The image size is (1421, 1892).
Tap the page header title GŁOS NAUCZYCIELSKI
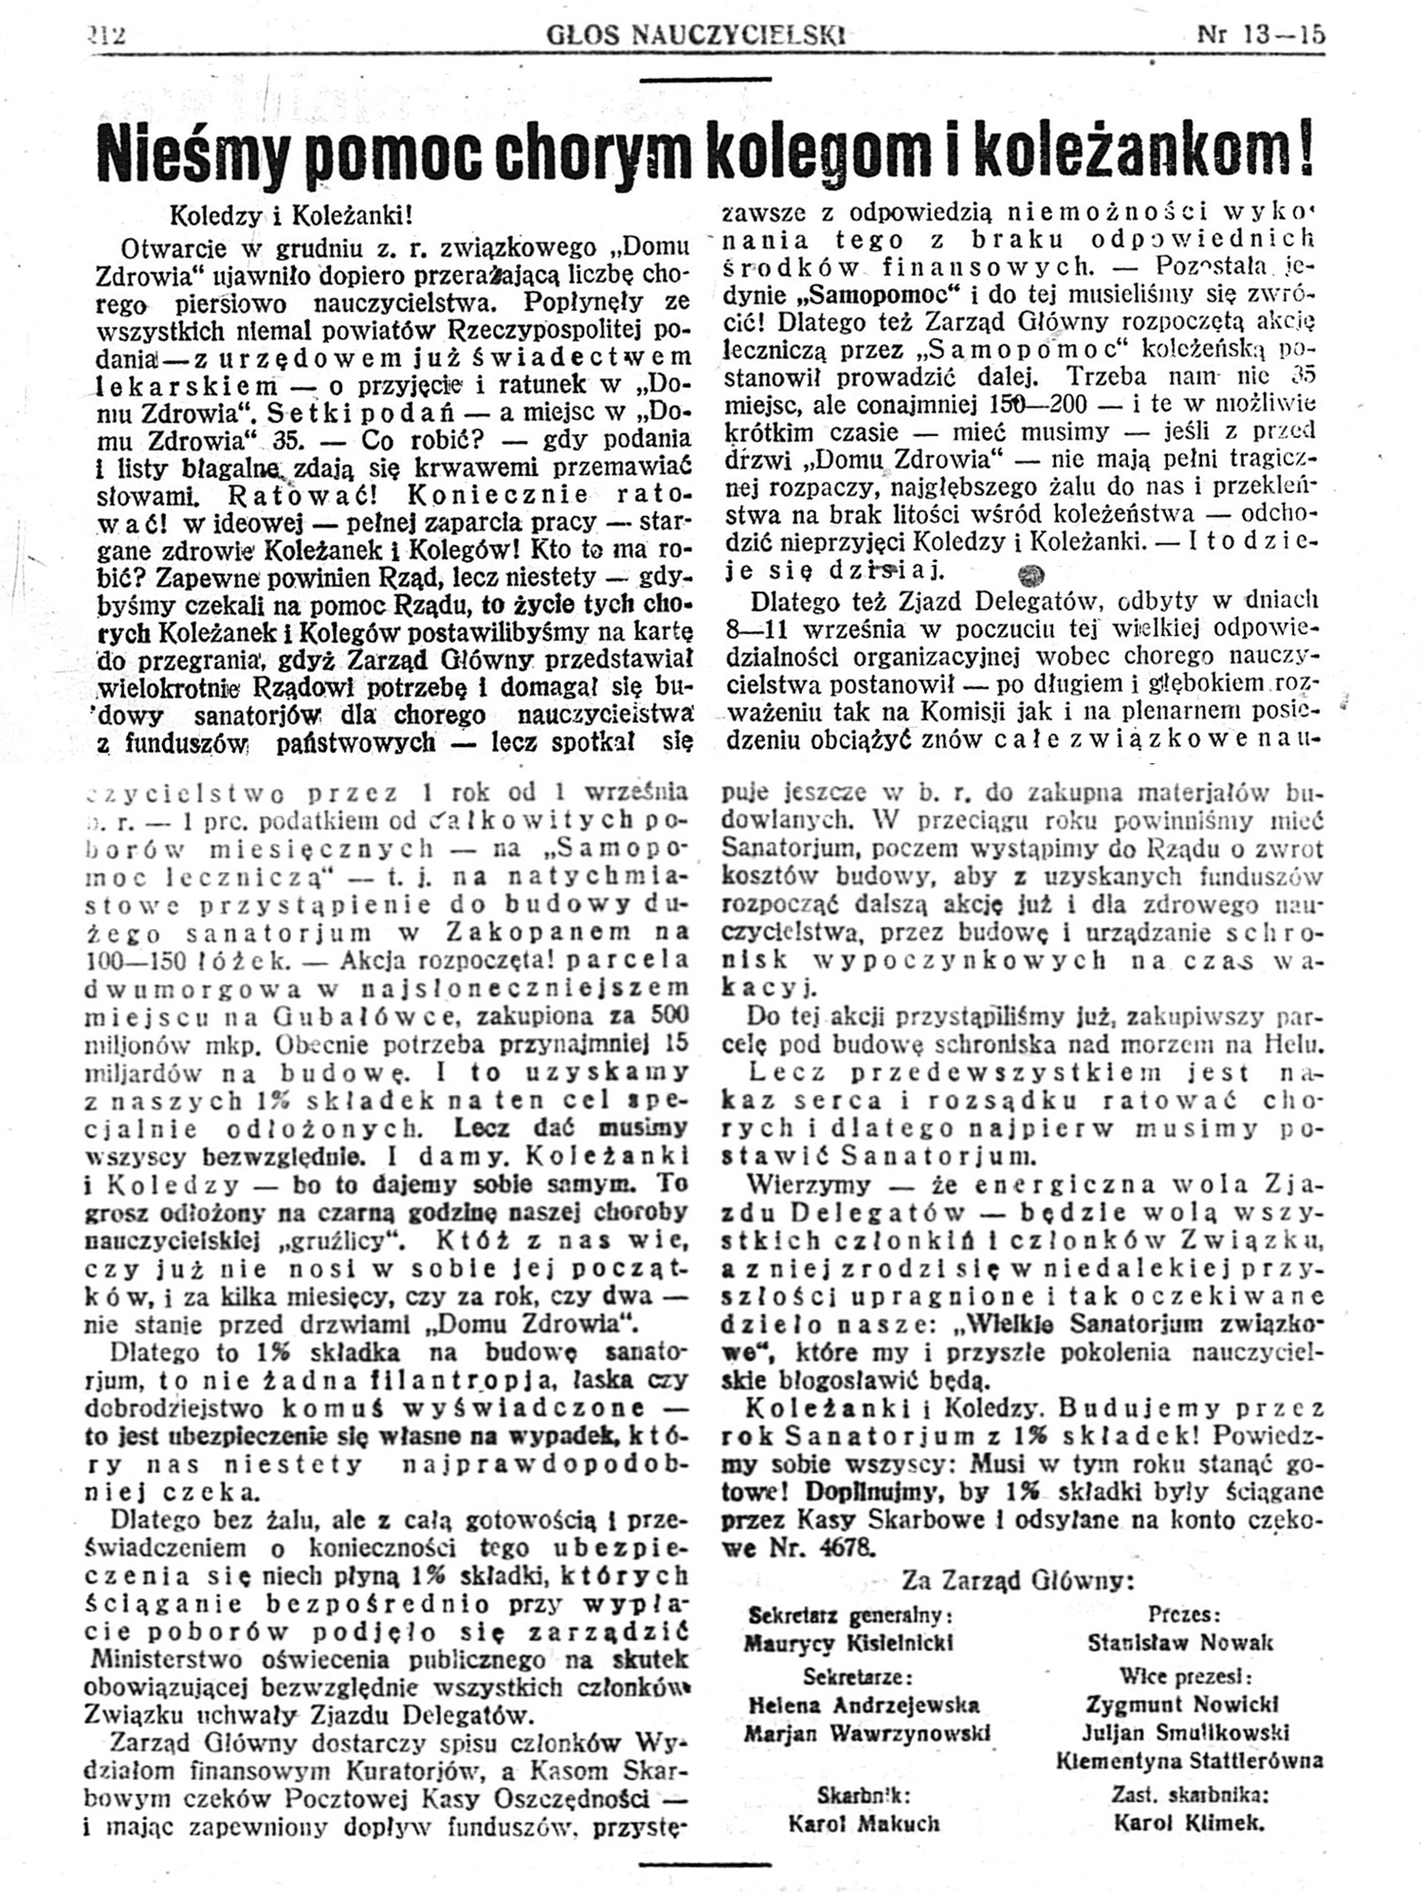pos(696,37)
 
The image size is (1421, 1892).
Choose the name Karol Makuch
pos(863,1822)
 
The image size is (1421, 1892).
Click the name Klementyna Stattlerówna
pos(1190,1761)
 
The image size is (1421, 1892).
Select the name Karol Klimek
pos(1190,1821)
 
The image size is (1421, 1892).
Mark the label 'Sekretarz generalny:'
pos(850,1613)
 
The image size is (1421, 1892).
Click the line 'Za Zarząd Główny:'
pos(1017,1579)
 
